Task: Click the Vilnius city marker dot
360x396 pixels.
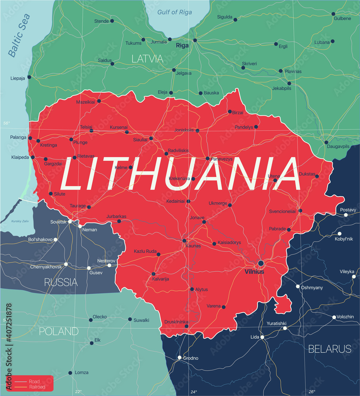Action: point(261,263)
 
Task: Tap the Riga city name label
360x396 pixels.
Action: point(182,46)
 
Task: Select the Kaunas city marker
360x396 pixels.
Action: point(184,240)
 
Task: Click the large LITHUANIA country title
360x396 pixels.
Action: point(180,174)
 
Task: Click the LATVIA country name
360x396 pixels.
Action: point(147,59)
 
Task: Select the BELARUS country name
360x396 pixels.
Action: point(330,349)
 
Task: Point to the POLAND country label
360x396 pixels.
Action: point(59,331)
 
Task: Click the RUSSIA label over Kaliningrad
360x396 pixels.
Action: point(61,282)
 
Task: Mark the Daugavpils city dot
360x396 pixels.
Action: point(326,142)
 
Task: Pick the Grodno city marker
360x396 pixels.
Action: point(179,358)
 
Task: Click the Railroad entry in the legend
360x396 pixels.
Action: point(36,387)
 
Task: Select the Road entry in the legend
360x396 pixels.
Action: point(34,381)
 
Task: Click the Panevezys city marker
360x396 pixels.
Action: point(208,158)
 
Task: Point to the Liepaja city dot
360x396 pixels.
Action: point(29,77)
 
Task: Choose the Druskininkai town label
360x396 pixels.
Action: point(176,322)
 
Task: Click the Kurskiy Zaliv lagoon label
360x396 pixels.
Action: point(19,221)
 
